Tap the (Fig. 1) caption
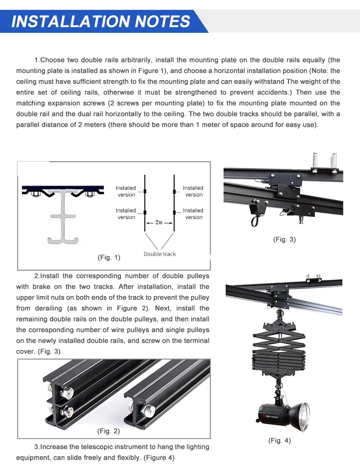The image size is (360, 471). (x=109, y=258)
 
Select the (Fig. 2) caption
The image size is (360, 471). (x=108, y=431)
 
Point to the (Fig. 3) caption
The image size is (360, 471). (x=284, y=239)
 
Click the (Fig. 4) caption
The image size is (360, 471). (x=279, y=440)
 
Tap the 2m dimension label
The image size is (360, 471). (x=159, y=222)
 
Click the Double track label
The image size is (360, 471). (x=160, y=254)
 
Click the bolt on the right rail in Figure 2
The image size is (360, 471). (x=148, y=410)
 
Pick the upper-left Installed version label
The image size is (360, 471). (x=126, y=191)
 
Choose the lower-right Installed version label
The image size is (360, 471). (x=193, y=214)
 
